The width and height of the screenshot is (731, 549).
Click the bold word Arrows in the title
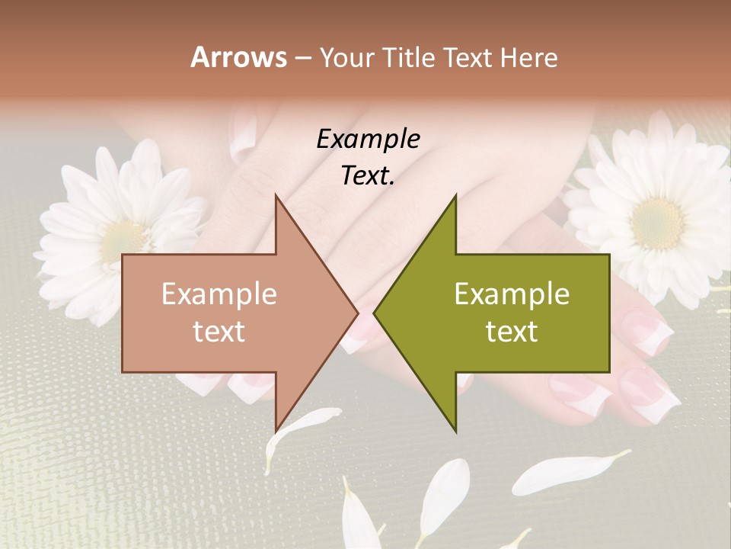pos(238,57)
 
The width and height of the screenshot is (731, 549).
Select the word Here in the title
pos(528,58)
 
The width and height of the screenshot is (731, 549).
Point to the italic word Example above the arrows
pos(368,139)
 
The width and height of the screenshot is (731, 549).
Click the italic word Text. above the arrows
pos(368,176)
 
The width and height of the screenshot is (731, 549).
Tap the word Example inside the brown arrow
pos(219,294)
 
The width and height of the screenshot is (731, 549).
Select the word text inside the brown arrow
pos(219,332)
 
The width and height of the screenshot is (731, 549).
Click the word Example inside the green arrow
pos(512,294)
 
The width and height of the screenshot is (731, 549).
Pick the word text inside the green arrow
pos(512,332)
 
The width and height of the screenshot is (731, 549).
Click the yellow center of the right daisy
pos(659,223)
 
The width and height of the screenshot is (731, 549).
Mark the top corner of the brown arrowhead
pos(276,196)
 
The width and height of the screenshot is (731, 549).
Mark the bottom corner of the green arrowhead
pos(455,432)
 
